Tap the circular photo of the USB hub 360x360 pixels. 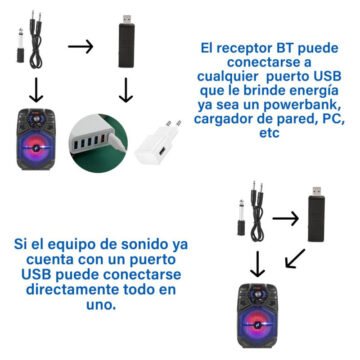(98, 143)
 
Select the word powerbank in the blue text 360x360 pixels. (303, 105)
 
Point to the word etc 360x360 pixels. (269, 133)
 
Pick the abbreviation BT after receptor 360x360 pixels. (284, 48)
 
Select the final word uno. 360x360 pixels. (101, 305)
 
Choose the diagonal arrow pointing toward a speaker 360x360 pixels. (295, 258)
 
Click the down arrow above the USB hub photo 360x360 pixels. (126, 90)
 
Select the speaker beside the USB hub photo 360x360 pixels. (36, 139)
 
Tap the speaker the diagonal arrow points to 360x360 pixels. (258, 315)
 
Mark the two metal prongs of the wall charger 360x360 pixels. (174, 126)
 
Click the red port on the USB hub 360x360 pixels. (103, 138)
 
